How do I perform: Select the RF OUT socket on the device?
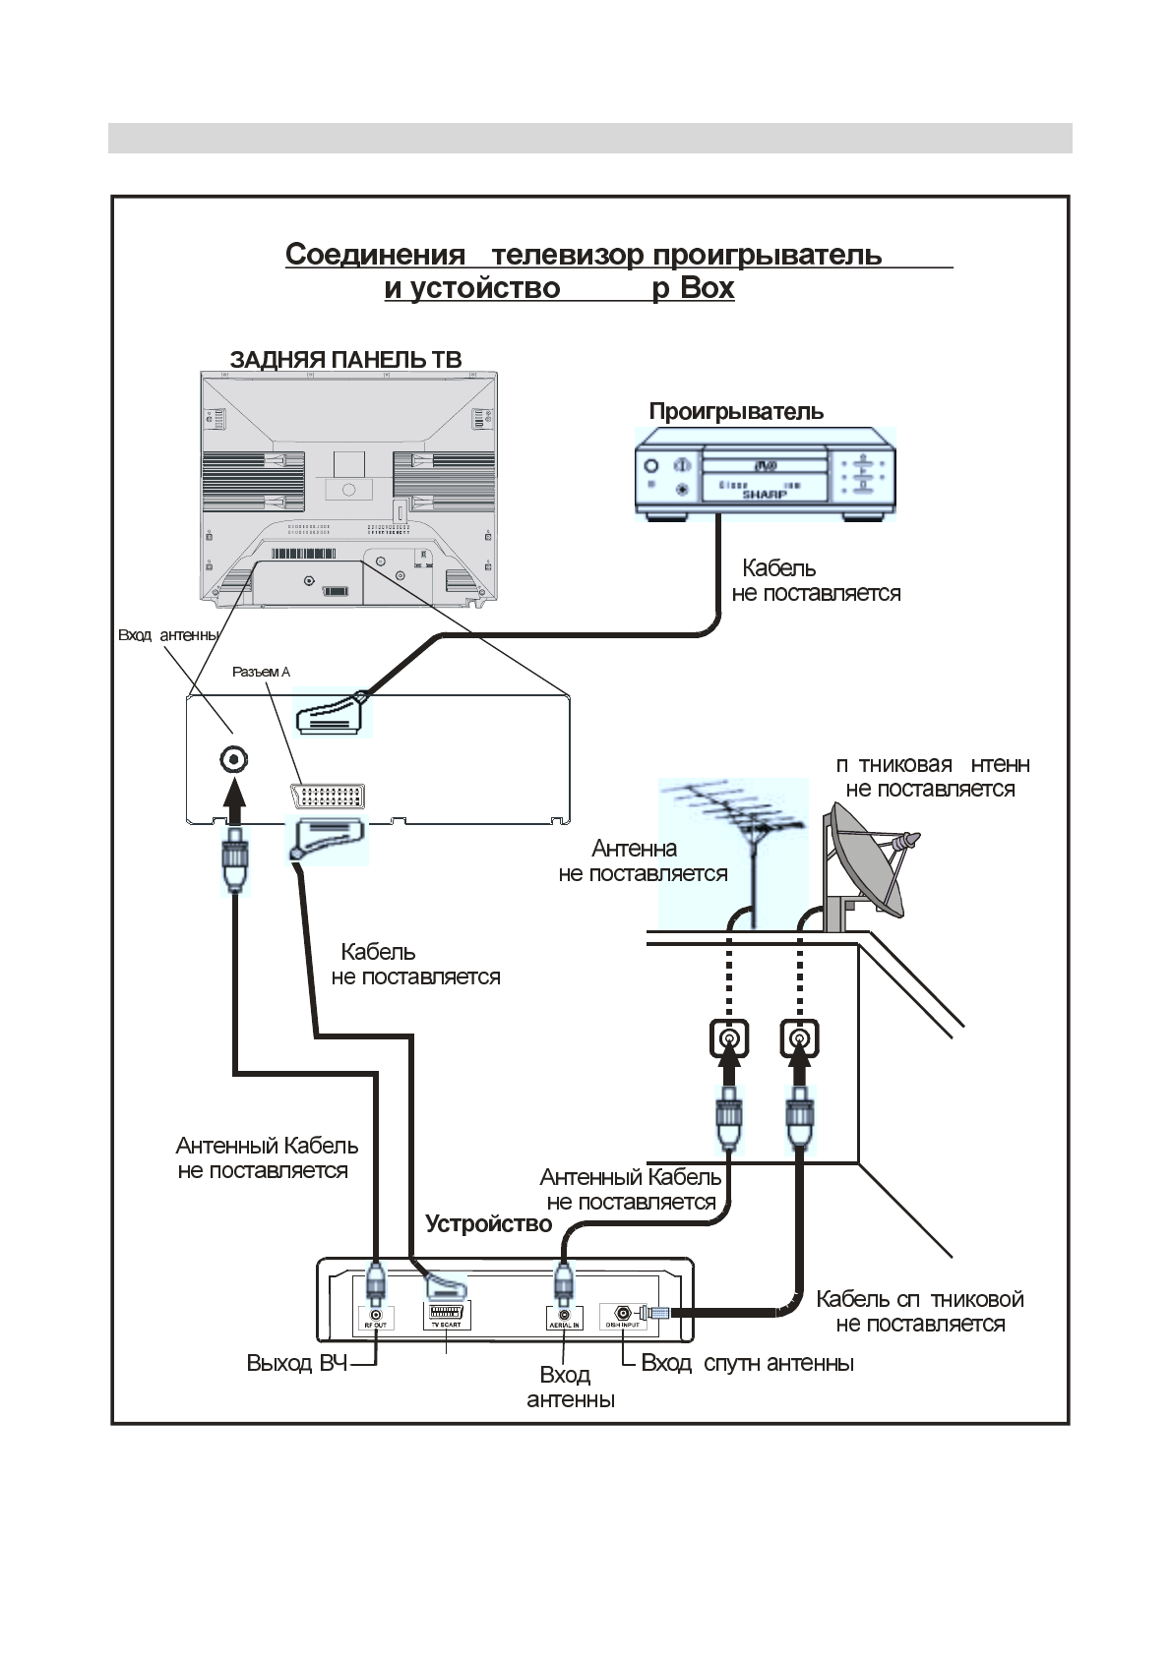375,1315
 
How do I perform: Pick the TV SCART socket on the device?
445,1314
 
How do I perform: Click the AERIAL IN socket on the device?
564,1315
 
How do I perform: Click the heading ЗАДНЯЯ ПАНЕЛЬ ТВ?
345,359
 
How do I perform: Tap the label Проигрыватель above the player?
736,411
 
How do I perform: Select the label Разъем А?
261,672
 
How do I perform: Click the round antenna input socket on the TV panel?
233,759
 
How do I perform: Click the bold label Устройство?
488,1224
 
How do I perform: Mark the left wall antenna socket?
728,1038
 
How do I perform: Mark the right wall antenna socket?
800,1038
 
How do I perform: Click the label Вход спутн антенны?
747,1363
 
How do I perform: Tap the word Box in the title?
708,288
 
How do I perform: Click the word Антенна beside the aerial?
634,848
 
